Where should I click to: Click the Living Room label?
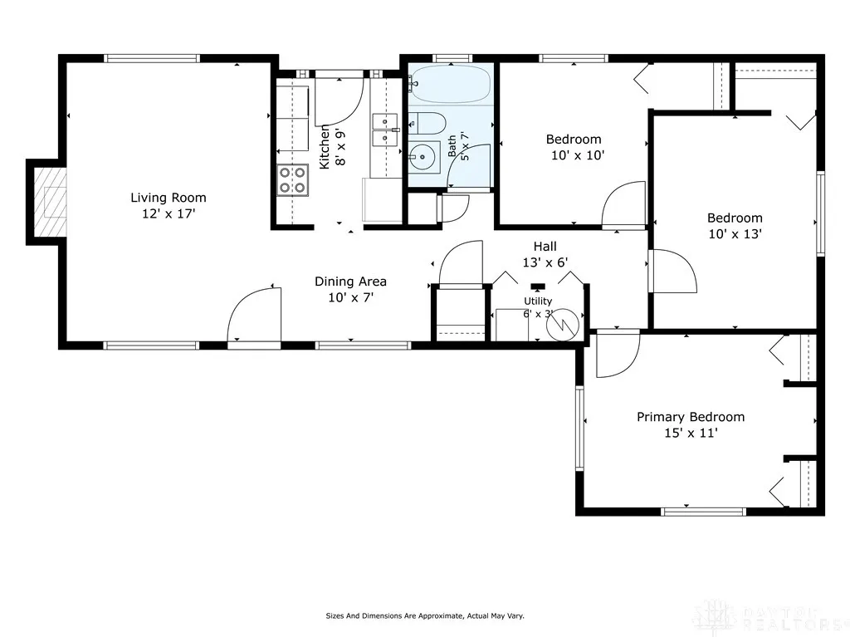168,198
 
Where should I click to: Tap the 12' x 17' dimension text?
168,213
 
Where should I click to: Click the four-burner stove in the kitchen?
292,180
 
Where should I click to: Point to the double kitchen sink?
385,130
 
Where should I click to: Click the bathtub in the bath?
449,84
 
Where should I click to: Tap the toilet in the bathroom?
426,123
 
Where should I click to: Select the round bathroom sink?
424,158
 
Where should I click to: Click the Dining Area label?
350,282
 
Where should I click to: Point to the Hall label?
545,247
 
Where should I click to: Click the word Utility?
538,301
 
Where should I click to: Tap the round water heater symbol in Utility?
563,325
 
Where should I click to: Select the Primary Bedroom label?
691,417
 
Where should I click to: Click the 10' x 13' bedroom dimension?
735,234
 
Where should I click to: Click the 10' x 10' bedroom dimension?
578,155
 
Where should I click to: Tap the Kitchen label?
325,147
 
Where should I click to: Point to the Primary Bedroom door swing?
618,355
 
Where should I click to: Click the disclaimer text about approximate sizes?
424,616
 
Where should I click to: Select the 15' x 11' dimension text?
691,433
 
